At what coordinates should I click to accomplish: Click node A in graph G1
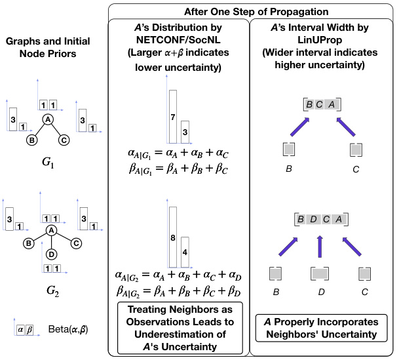[x=48, y=119]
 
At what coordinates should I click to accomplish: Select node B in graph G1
[x=30, y=140]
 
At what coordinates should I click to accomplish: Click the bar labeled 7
[x=173, y=116]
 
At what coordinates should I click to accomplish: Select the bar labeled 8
[x=173, y=237]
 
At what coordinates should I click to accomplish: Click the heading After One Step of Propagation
[x=251, y=12]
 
